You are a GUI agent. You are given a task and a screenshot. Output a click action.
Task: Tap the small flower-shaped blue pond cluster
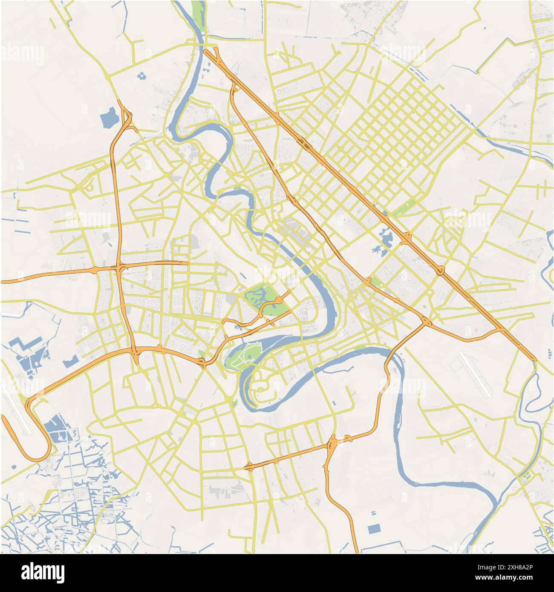[x=141, y=76]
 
